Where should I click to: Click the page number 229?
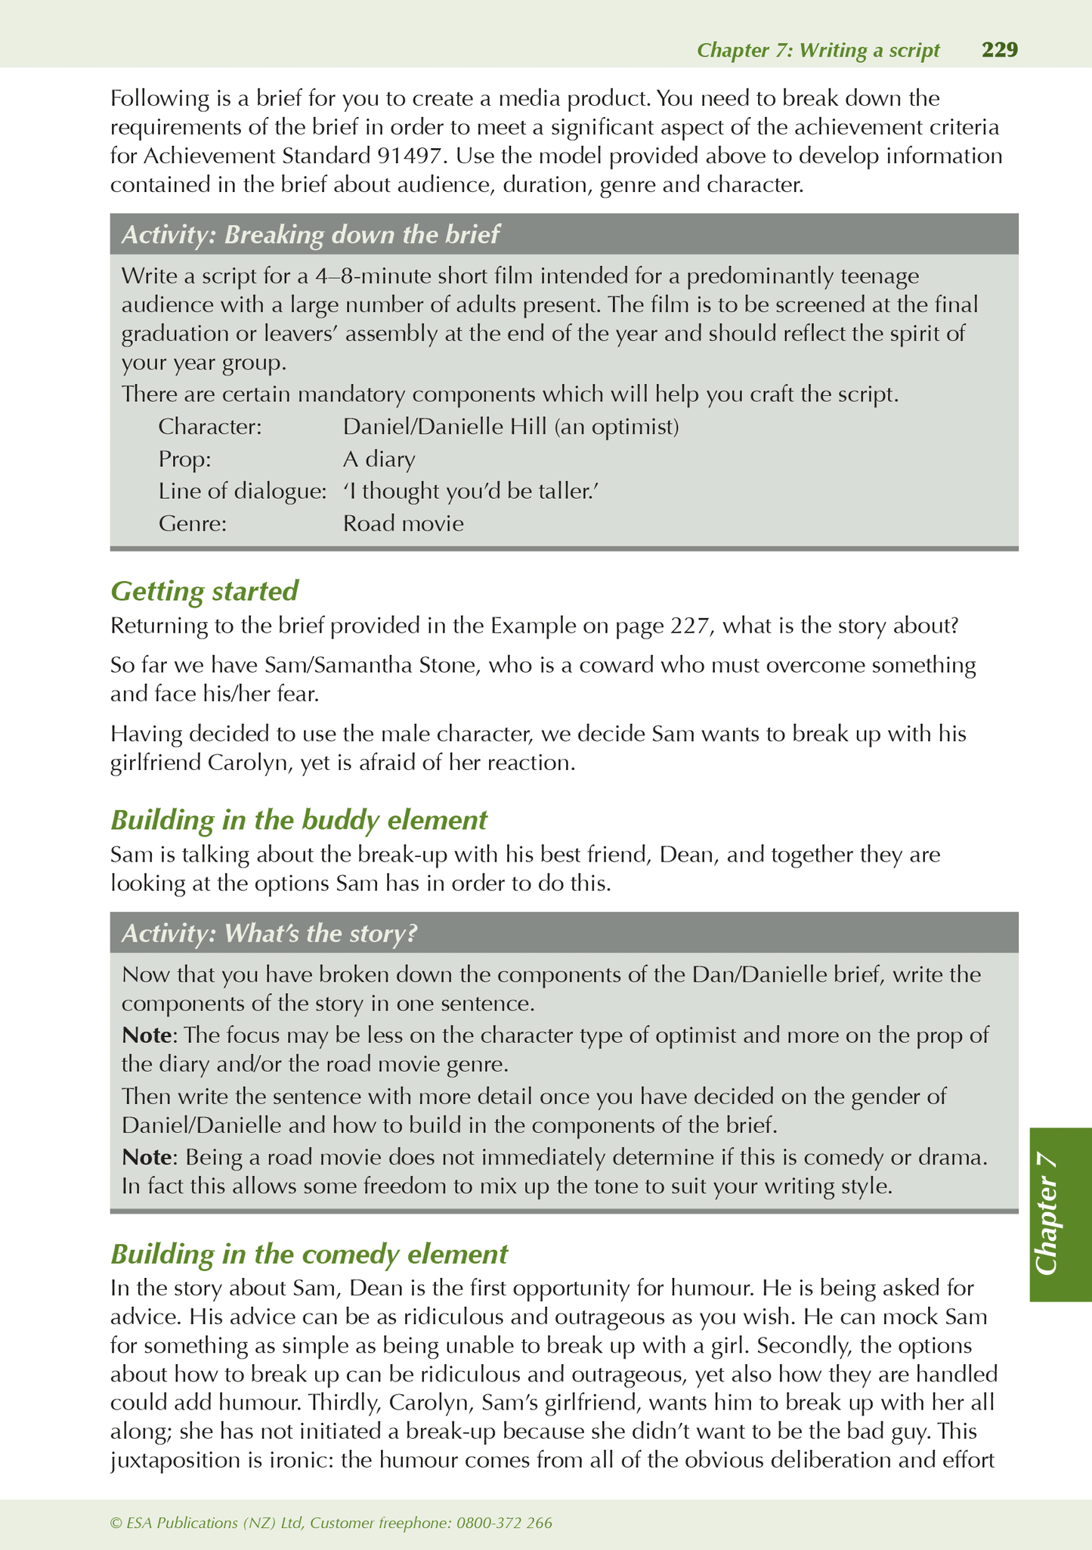click(x=999, y=50)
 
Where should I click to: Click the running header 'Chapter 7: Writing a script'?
click(x=818, y=51)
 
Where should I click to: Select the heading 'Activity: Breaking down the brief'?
click(x=310, y=235)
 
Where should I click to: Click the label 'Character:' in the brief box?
click(x=210, y=427)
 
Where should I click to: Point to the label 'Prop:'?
click(x=184, y=459)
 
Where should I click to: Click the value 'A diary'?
click(x=379, y=459)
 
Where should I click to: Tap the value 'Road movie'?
click(x=403, y=523)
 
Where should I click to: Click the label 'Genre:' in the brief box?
click(x=193, y=523)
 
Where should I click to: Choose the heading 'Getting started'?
click(x=204, y=590)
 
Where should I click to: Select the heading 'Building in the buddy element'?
click(x=299, y=819)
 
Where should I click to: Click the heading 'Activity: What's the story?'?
click(x=269, y=933)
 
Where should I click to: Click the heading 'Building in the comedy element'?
click(x=309, y=1254)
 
